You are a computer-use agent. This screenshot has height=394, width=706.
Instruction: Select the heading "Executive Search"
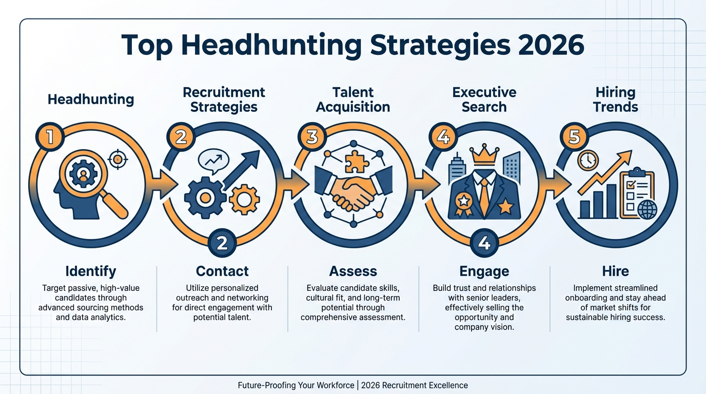coord(484,100)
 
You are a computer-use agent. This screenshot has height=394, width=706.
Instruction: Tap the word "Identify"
coord(91,271)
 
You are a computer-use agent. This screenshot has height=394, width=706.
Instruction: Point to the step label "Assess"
coord(353,271)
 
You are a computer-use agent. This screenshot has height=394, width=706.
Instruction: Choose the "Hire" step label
coord(615,271)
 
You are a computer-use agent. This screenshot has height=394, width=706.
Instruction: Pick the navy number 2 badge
coord(222,242)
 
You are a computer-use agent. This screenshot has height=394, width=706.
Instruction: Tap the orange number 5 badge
coord(574,137)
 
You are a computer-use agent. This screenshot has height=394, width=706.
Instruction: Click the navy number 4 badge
coord(484,242)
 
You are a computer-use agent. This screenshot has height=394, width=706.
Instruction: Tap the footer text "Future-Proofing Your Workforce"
coord(297,385)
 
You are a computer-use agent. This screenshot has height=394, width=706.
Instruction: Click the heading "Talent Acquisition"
coord(353,100)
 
